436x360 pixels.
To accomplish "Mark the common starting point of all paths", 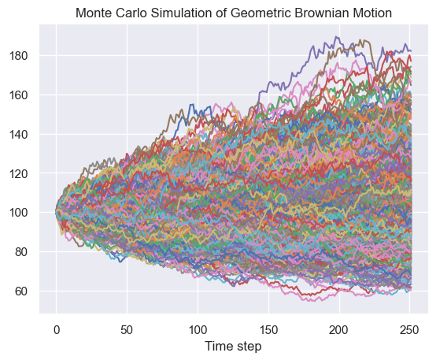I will [x=56, y=212].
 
